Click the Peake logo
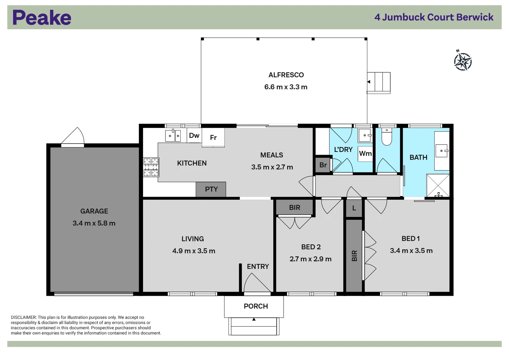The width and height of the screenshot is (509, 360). click(42, 18)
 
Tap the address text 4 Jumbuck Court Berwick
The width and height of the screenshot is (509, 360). click(434, 17)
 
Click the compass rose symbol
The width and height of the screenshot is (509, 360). click(463, 61)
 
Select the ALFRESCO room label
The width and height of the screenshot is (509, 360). click(286, 75)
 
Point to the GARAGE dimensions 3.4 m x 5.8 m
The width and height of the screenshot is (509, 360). click(94, 223)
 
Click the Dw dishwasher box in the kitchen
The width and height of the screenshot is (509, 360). click(194, 135)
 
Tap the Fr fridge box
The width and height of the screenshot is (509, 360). click(213, 137)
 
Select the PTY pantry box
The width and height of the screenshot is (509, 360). click(211, 189)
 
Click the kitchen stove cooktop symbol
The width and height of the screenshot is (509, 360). click(151, 167)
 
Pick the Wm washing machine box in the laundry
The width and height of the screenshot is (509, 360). click(365, 154)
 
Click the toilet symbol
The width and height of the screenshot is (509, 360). click(387, 137)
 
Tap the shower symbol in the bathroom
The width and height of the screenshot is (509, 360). click(438, 185)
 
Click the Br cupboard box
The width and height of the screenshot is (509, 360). click(323, 165)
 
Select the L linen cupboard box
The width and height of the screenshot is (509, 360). click(354, 208)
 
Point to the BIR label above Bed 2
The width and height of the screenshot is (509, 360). click(294, 208)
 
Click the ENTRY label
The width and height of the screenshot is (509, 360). click(258, 267)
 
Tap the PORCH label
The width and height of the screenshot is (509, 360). click(256, 306)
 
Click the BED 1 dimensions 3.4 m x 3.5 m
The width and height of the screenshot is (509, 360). click(411, 251)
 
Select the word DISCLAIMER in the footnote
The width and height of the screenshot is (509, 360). click(23, 317)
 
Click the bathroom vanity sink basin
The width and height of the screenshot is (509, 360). click(442, 151)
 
